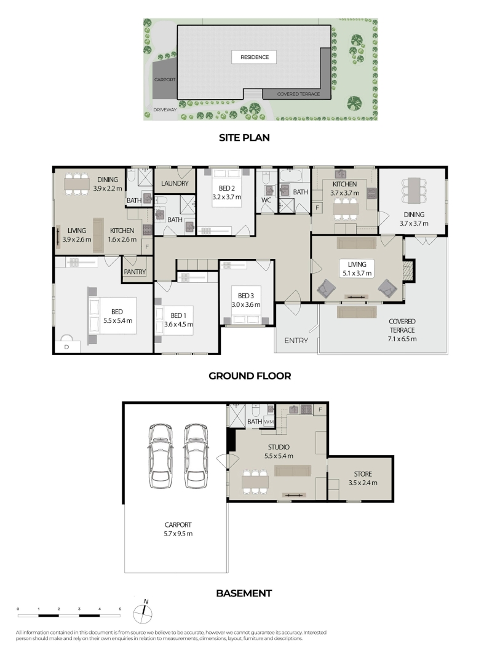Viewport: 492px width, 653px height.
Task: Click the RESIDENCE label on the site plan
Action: point(255,57)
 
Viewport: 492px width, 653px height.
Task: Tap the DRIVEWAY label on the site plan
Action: point(165,110)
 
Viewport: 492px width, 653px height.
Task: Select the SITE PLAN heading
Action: point(244,138)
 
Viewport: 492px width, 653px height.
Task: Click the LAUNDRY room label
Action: point(175,183)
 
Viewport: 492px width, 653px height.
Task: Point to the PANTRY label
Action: point(135,272)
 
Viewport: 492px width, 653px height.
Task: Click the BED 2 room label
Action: point(227,188)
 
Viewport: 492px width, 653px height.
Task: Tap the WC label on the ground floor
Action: point(266,200)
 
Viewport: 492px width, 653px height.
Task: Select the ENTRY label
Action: point(296,341)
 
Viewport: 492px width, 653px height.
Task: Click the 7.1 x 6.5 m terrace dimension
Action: point(402,339)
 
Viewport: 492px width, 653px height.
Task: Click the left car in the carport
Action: point(161,456)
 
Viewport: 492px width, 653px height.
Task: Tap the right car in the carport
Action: point(196,456)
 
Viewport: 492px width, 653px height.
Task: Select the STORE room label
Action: point(363,474)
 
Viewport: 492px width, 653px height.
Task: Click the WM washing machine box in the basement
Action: point(269,421)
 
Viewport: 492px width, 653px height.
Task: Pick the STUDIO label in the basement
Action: point(279,447)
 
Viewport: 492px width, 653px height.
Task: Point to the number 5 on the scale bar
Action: point(120,609)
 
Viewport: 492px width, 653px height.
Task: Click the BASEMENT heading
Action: point(244,593)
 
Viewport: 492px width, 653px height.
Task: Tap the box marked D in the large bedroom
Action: point(67,347)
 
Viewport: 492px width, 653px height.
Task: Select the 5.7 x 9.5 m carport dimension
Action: point(178,534)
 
